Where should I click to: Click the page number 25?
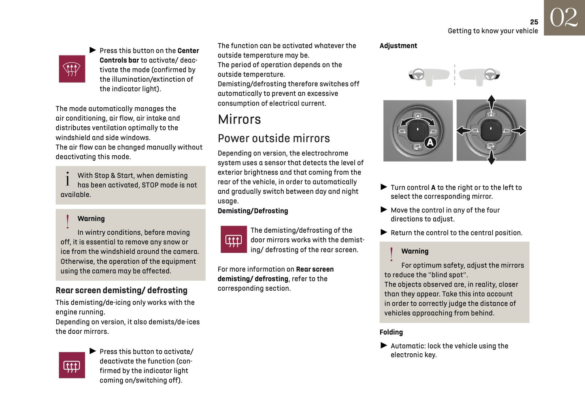(x=534, y=22)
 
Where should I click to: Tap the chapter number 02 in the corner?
(x=564, y=18)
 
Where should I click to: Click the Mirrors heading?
(x=239, y=119)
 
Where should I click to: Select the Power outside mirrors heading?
(x=274, y=138)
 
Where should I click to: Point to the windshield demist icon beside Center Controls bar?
(x=72, y=69)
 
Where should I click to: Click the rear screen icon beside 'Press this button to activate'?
(x=72, y=365)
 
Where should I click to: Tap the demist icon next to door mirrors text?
(x=234, y=240)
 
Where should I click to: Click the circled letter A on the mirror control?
(x=430, y=142)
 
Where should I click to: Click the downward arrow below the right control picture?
(x=491, y=158)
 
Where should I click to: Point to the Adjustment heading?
(x=398, y=46)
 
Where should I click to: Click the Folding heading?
(x=391, y=332)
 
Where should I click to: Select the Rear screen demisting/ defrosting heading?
(x=121, y=290)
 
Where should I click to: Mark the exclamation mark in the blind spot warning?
(x=391, y=254)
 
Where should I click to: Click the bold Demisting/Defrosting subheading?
(x=253, y=211)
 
